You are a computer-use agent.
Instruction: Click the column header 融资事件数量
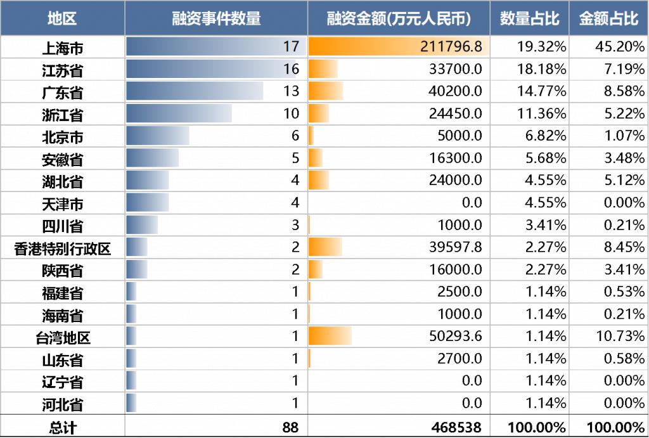[216, 18]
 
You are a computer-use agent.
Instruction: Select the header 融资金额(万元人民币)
[399, 18]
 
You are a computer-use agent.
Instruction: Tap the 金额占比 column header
[608, 18]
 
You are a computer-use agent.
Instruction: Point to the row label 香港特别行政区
[62, 248]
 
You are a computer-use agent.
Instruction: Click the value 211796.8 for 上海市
[451, 47]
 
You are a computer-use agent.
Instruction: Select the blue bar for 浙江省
[179, 113]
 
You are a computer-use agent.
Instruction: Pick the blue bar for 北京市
[158, 136]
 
